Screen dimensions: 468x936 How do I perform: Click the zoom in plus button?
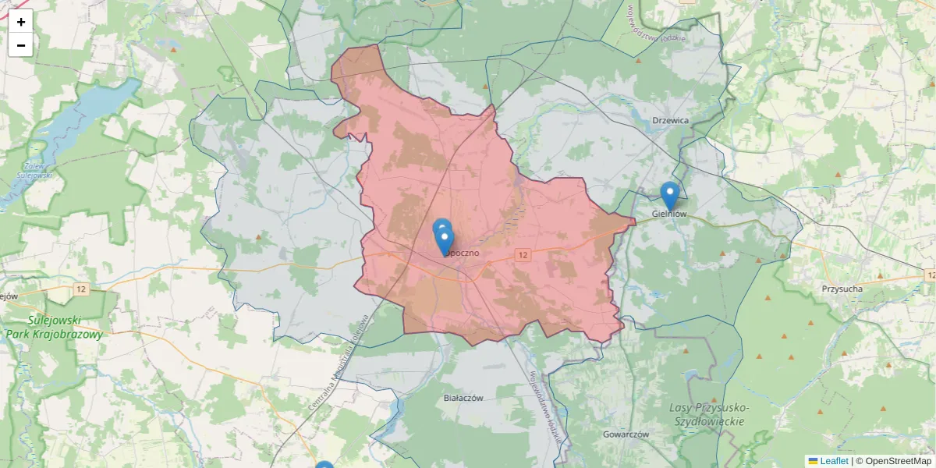click(x=21, y=22)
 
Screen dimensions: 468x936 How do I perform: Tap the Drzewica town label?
click(x=670, y=120)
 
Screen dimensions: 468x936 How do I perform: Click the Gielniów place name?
click(x=669, y=214)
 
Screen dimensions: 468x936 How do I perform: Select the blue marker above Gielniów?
click(x=669, y=195)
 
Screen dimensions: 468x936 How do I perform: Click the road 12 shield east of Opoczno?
click(x=523, y=255)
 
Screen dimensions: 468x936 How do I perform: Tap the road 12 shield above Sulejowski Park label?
click(x=82, y=289)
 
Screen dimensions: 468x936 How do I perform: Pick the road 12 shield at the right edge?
click(x=929, y=275)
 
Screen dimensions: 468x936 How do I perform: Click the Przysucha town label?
click(x=842, y=289)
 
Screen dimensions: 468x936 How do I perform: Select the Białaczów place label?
click(x=463, y=397)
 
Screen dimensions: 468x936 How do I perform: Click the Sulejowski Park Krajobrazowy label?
click(x=54, y=327)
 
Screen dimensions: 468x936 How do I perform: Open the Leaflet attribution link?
click(x=834, y=461)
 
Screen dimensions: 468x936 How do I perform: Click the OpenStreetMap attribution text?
click(x=898, y=461)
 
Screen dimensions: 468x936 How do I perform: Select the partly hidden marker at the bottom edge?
click(x=324, y=466)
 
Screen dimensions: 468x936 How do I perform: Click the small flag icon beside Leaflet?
click(x=813, y=461)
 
